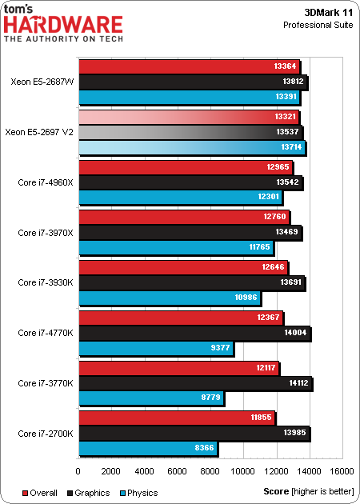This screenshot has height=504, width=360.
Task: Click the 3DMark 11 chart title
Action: pos(328,12)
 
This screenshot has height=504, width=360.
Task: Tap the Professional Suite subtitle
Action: pos(318,26)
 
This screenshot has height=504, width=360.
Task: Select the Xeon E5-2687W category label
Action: pos(42,82)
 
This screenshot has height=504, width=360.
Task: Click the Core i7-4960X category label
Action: pos(45,182)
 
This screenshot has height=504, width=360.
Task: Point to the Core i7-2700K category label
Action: pos(45,434)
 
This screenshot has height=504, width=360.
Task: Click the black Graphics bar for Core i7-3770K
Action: pos(195,383)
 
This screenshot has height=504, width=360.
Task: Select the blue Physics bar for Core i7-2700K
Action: pos(147,449)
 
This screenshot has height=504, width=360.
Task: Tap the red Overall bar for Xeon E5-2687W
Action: pos(188,66)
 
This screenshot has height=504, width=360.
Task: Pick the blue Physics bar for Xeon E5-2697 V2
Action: pos(191,148)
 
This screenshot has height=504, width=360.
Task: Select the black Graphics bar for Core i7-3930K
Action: pos(192,283)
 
